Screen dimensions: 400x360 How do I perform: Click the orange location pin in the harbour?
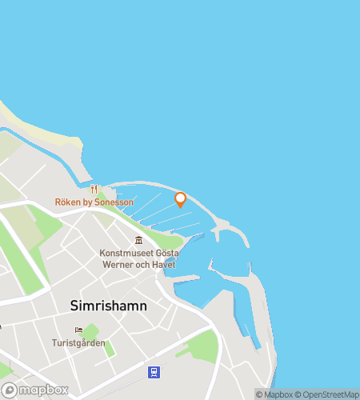pos(180,199)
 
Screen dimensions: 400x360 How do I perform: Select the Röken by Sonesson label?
pos(94,202)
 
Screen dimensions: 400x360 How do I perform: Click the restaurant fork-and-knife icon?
pos(94,190)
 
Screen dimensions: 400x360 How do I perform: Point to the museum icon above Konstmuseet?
pos(139,240)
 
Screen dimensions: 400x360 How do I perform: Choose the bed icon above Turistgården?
pos(78,330)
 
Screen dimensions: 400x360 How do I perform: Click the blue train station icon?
pos(152,371)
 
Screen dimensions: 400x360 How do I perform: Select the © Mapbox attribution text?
pos(274,394)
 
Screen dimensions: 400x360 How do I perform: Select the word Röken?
pos(68,202)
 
